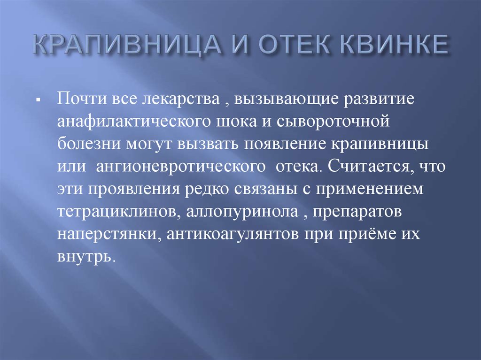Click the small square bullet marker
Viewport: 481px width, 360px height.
tap(39, 100)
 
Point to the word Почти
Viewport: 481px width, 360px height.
tap(82, 99)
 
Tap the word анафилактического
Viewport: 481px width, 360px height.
tap(134, 122)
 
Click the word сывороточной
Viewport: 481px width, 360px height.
tap(333, 122)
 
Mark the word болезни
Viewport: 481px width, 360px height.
tap(88, 144)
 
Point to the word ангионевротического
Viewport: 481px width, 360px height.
tap(181, 167)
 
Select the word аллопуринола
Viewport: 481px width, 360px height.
tap(242, 212)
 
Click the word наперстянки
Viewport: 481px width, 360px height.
tap(109, 235)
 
